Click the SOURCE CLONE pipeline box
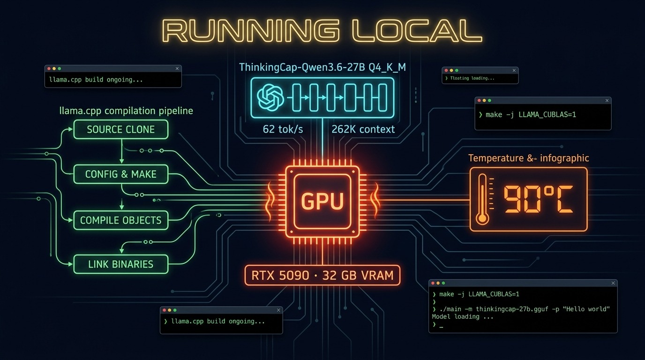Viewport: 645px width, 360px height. pyautogui.click(x=121, y=129)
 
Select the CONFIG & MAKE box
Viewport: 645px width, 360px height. pyautogui.click(x=121, y=174)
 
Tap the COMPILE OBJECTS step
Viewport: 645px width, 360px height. pyautogui.click(x=121, y=220)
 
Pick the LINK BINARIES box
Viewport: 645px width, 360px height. pyautogui.click(x=121, y=264)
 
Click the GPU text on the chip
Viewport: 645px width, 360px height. pyautogui.click(x=322, y=201)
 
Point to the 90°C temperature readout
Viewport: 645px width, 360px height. pyautogui.click(x=538, y=199)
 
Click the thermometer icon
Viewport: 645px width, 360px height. pyautogui.click(x=483, y=199)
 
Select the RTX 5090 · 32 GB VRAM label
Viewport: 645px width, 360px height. pyautogui.click(x=322, y=275)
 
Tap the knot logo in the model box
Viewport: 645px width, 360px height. pyautogui.click(x=270, y=97)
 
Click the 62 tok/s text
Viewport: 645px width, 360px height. pyautogui.click(x=283, y=129)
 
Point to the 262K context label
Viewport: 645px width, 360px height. pyautogui.click(x=363, y=129)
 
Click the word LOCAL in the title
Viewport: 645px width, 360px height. pyautogui.click(x=417, y=31)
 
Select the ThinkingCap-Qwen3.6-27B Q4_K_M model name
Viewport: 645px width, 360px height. pyautogui.click(x=322, y=67)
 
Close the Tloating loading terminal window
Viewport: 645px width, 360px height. pyautogui.click(x=514, y=70)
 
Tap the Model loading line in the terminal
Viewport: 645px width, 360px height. pyautogui.click(x=463, y=316)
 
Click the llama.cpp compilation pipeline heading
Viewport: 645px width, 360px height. pyautogui.click(x=126, y=111)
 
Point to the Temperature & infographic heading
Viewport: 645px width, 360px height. pyautogui.click(x=528, y=158)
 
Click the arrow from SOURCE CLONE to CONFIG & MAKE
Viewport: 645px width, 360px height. pyautogui.click(x=121, y=151)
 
